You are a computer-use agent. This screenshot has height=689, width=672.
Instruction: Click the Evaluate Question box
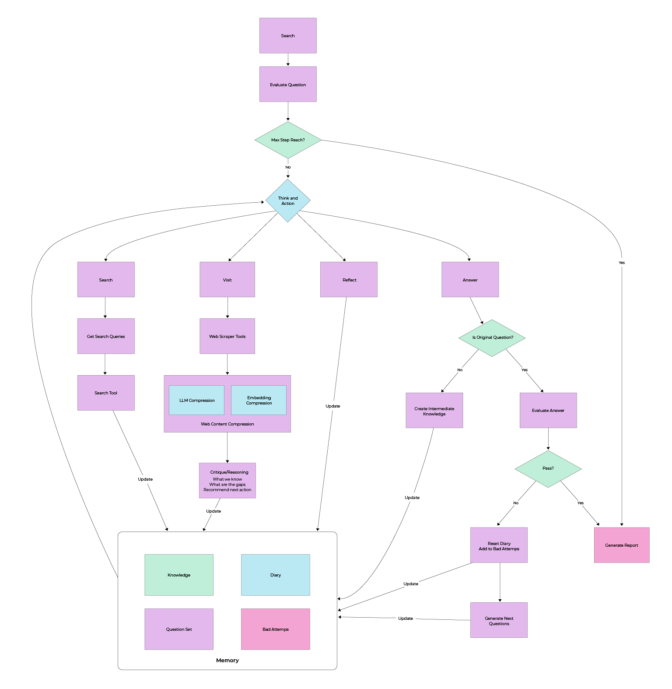click(288, 84)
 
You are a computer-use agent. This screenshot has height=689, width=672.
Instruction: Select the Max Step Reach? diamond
click(288, 140)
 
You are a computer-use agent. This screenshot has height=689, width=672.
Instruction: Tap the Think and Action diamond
click(288, 200)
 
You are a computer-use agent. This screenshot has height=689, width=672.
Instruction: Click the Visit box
click(227, 280)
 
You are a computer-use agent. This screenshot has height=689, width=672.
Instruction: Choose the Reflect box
click(349, 280)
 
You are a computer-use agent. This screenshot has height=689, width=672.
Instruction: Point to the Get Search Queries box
click(106, 336)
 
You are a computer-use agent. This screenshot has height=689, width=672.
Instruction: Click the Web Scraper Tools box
click(227, 336)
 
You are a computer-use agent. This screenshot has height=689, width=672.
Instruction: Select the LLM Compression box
click(196, 400)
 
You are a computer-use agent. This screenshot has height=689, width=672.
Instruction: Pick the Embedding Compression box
click(259, 400)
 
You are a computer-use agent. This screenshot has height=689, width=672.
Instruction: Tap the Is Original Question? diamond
click(492, 337)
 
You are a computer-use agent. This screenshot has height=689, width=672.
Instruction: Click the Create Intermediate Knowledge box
click(434, 411)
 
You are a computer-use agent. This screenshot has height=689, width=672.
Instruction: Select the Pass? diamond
click(548, 468)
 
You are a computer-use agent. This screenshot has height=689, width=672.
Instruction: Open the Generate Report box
click(621, 545)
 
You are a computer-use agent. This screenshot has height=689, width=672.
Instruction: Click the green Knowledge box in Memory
click(179, 575)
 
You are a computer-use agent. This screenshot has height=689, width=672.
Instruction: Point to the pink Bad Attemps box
click(275, 629)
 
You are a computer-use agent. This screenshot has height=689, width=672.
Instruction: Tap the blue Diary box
click(275, 575)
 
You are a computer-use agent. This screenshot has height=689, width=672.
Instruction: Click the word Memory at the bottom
click(227, 660)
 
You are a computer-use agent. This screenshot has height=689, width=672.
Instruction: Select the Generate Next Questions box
click(499, 620)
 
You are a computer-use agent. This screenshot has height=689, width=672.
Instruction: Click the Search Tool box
click(106, 393)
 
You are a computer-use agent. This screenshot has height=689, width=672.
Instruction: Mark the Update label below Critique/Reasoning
click(213, 511)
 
